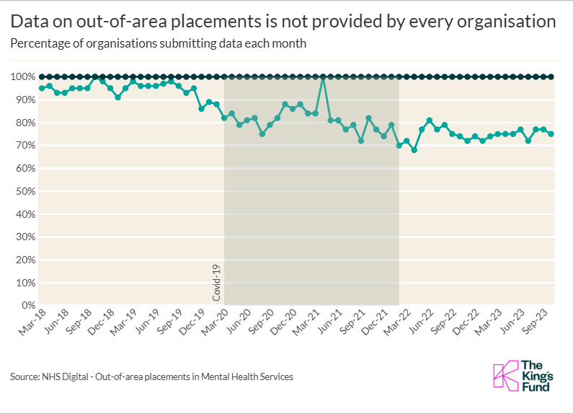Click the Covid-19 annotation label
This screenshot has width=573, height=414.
click(217, 283)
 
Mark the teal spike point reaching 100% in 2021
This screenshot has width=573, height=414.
click(323, 76)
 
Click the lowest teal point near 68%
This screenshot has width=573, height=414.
click(414, 150)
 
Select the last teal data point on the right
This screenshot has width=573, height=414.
click(551, 133)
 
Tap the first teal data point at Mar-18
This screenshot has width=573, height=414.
click(42, 88)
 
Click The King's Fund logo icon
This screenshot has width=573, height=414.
click(505, 375)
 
